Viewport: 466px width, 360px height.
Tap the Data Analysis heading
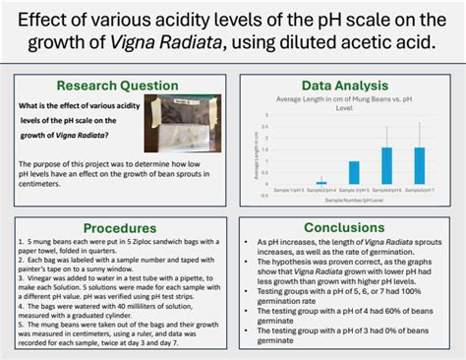[345, 85]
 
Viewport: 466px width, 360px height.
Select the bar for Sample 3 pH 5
[355, 172]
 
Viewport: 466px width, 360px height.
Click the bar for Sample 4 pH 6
[386, 165]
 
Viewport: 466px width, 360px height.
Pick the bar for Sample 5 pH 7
[420, 165]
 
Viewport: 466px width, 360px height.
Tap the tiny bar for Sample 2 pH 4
[320, 182]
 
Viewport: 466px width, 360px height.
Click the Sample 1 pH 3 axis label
[289, 188]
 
